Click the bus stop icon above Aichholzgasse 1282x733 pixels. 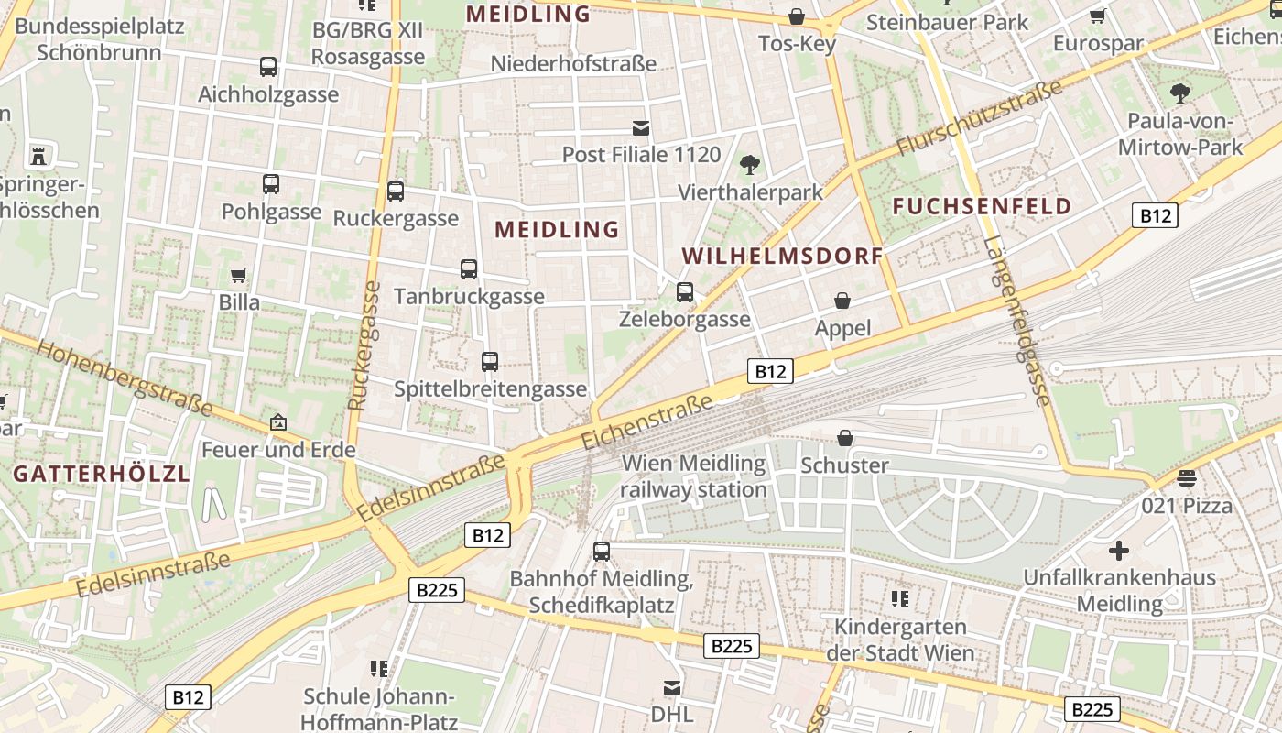pyautogui.click(x=267, y=67)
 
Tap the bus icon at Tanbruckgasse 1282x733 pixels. pyautogui.click(x=469, y=269)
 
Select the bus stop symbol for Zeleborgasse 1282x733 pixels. pyautogui.click(x=685, y=292)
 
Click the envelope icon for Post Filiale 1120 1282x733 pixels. pyautogui.click(x=641, y=128)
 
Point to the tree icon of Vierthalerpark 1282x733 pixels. pyautogui.click(x=750, y=165)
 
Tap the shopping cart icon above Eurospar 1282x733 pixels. pyautogui.click(x=1097, y=16)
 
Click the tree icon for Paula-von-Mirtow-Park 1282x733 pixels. pyautogui.click(x=1179, y=93)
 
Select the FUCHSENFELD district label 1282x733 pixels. pyautogui.click(x=982, y=205)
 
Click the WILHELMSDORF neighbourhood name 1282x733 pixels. pyautogui.click(x=783, y=256)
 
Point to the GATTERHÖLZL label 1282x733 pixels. pyautogui.click(x=101, y=474)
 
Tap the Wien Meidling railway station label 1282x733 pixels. pyautogui.click(x=693, y=476)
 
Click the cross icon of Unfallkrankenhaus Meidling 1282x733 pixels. pyautogui.click(x=1118, y=551)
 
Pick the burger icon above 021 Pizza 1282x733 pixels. pyautogui.click(x=1187, y=477)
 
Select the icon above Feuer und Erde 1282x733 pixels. pyautogui.click(x=277, y=422)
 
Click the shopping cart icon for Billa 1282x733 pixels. pyautogui.click(x=239, y=275)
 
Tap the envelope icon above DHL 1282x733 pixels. pyautogui.click(x=672, y=687)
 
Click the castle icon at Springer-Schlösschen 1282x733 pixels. pyautogui.click(x=38, y=155)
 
